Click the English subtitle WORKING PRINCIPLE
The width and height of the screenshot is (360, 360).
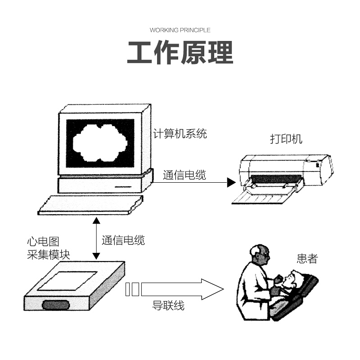(x=180, y=30)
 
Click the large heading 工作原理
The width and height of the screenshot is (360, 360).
(x=180, y=53)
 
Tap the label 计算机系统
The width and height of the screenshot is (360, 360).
(x=180, y=134)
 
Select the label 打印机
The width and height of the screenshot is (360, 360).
(x=286, y=139)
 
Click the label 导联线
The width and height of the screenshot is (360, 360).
(x=169, y=306)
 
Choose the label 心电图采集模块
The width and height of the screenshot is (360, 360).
(x=48, y=248)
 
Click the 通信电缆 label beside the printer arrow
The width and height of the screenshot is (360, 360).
(x=184, y=175)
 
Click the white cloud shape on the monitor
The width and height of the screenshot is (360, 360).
(x=100, y=143)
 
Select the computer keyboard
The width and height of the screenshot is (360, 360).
(x=90, y=205)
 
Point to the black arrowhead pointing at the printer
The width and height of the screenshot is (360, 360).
(x=231, y=182)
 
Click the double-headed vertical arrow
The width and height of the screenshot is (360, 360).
(x=96, y=238)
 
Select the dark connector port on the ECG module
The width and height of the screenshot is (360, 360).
(x=56, y=305)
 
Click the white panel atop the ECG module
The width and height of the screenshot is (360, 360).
(x=67, y=280)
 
